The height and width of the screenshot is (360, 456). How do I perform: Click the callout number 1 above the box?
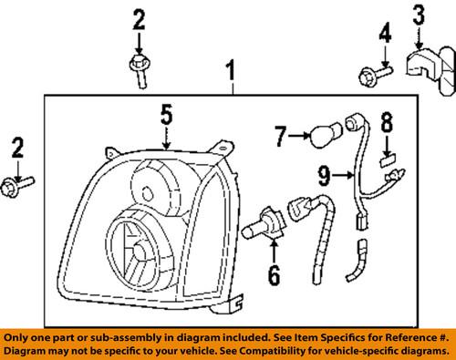point(231,70)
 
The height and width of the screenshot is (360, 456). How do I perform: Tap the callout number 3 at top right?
point(419,16)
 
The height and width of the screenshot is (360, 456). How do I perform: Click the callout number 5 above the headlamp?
point(166,115)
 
